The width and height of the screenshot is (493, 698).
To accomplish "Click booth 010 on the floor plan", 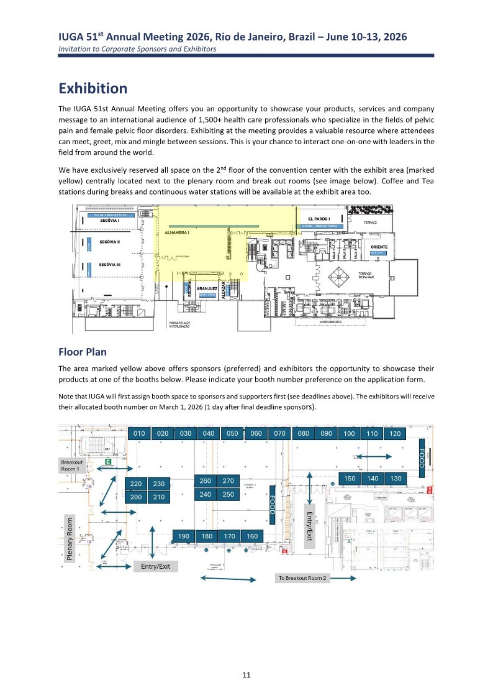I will tap(139, 433).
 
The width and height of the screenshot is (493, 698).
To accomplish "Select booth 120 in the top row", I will tap(395, 434).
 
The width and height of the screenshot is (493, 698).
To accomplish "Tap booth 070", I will tap(279, 433).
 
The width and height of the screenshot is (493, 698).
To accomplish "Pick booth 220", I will tap(136, 484).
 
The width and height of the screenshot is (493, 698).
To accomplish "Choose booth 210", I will tap(159, 497).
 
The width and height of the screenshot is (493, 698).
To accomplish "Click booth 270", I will tap(228, 480).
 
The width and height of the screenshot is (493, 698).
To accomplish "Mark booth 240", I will tap(206, 494).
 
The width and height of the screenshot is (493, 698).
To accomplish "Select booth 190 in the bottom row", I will tap(183, 536).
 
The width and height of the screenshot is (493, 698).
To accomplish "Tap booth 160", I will tap(252, 536).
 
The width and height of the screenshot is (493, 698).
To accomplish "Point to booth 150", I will tap(350, 477).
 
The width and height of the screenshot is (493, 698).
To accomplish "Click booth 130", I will tap(395, 477).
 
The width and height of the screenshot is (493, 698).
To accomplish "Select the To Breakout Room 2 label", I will tap(302, 578).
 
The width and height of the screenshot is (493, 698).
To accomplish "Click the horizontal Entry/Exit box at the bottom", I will tap(156, 566).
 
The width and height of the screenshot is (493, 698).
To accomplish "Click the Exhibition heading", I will tap(93, 88).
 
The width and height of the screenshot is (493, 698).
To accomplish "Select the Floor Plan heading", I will tap(83, 352).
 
